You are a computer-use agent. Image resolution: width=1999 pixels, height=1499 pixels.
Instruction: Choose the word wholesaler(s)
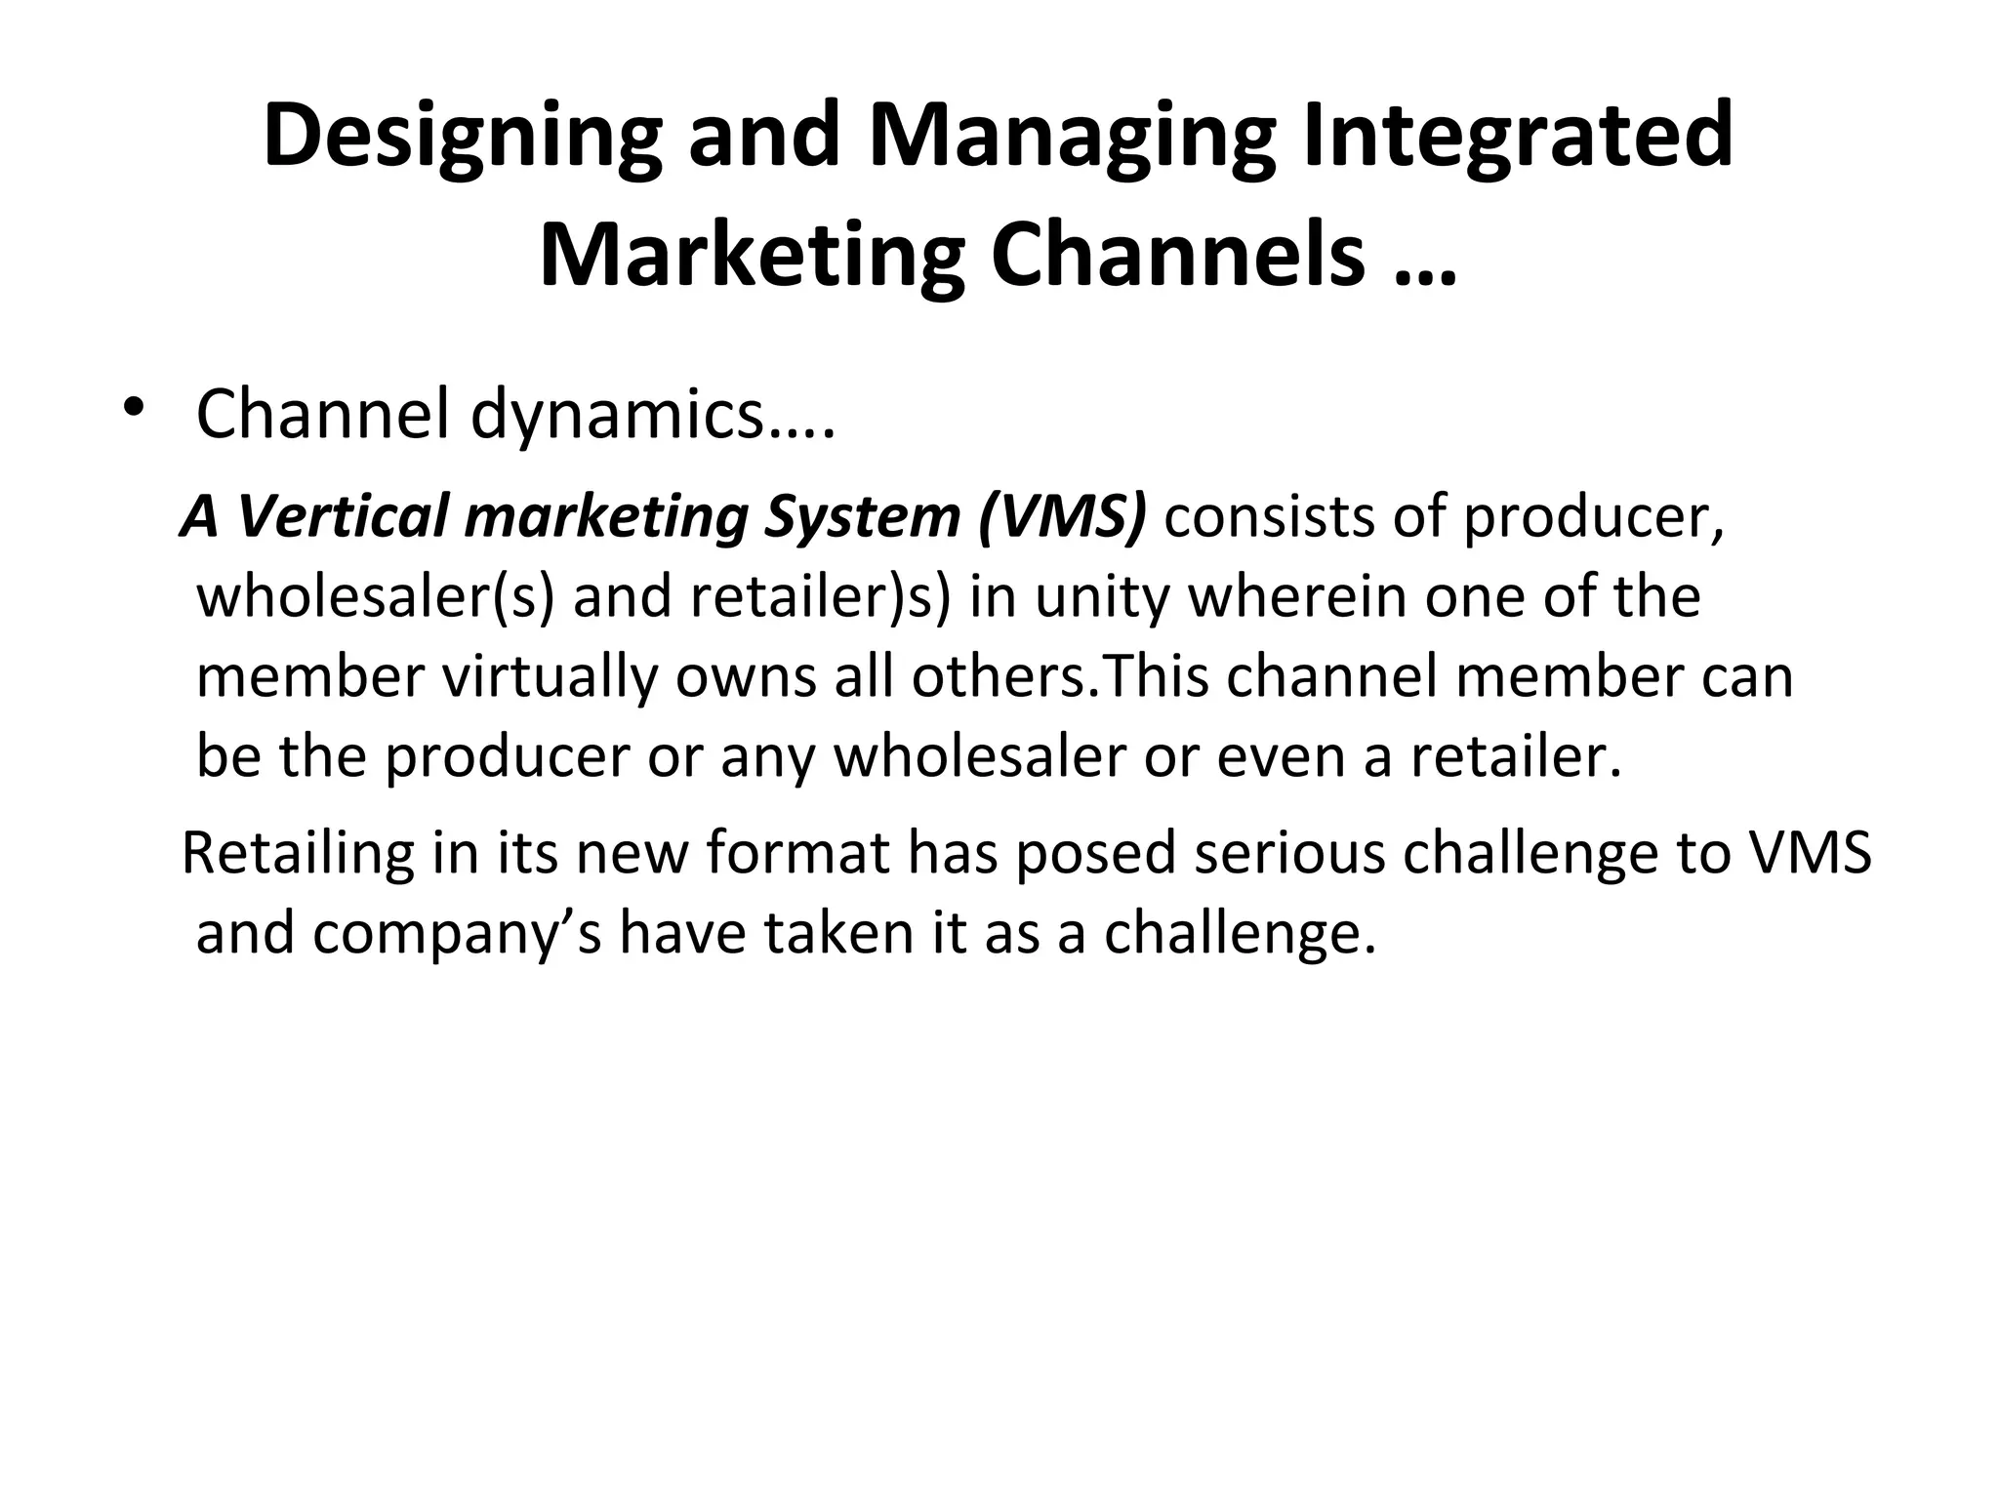coord(375,596)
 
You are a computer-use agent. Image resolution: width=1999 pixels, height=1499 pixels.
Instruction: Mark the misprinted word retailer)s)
coord(820,596)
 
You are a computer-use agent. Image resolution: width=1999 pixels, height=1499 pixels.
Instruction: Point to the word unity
coord(1101,596)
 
